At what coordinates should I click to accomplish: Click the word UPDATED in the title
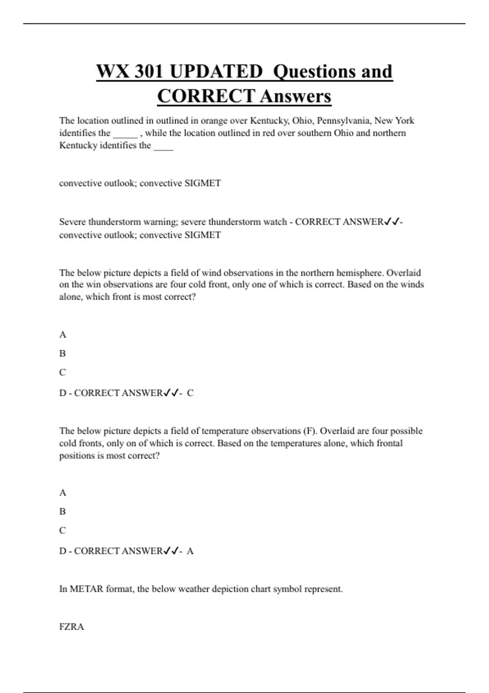216,71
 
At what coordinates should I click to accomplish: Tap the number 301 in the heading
149,71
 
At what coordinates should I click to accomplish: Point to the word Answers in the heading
295,96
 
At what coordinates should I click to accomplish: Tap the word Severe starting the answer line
73,222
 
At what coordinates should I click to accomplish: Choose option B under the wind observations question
62,353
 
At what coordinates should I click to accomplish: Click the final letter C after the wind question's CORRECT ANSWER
190,393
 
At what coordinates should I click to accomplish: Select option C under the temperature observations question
62,530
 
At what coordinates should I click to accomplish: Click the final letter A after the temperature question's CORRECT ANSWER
190,551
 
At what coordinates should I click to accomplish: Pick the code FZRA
71,627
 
